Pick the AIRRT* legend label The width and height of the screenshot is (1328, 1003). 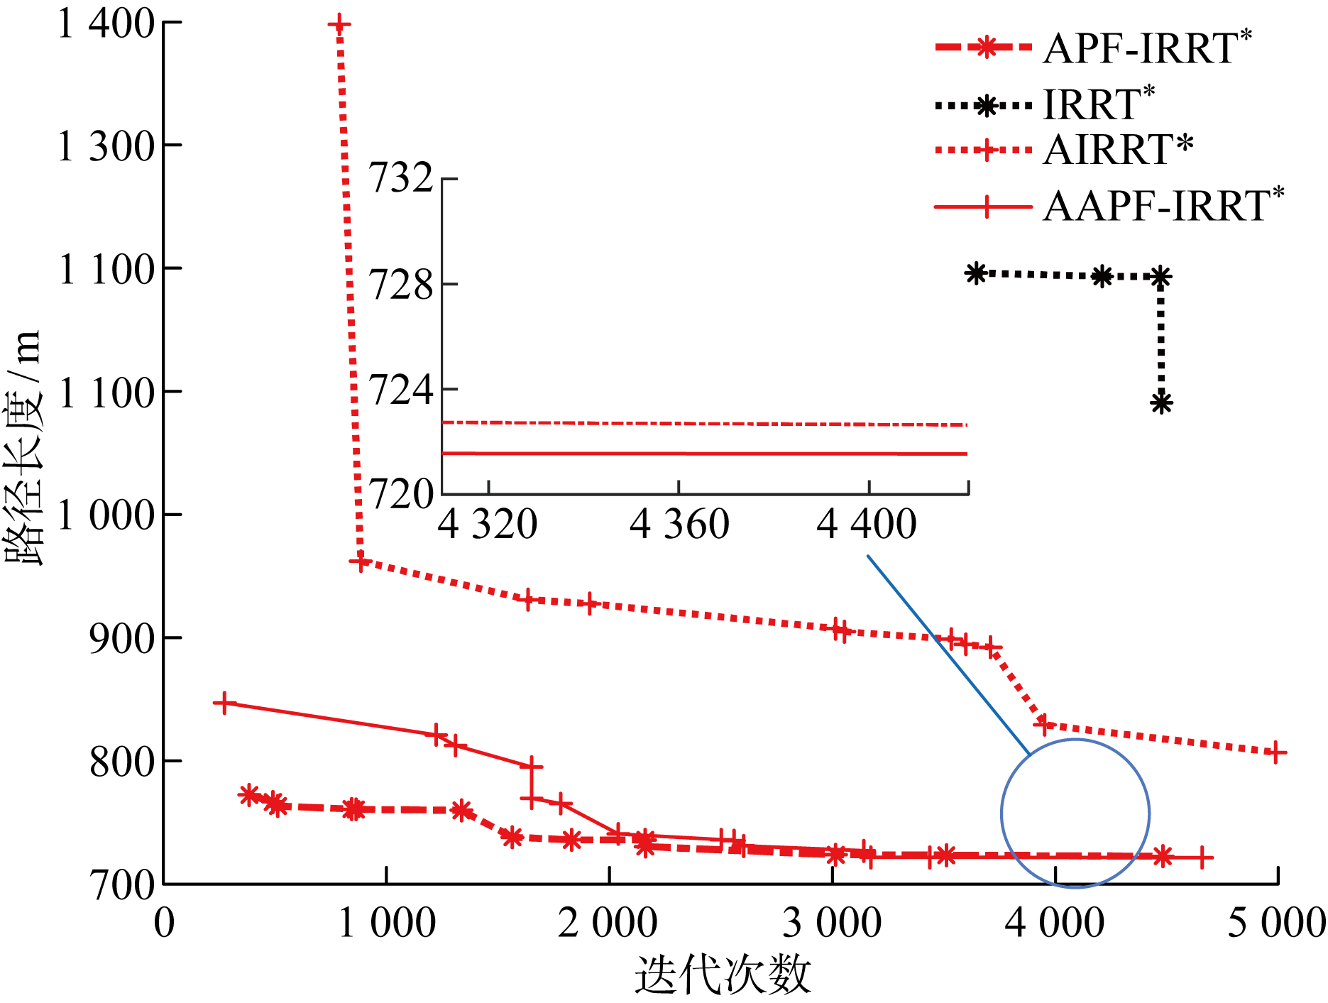tap(1118, 150)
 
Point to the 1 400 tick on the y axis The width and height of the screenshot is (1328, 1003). tap(106, 23)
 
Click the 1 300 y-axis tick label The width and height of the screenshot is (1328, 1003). tap(106, 146)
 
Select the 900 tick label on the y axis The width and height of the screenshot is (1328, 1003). tap(121, 638)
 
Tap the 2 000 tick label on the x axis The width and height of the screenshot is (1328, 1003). tap(608, 923)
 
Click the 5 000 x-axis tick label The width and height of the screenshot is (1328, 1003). tap(1276, 923)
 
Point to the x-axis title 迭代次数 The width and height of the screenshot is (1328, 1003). tap(723, 975)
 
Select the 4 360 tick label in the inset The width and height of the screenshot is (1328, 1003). tap(679, 525)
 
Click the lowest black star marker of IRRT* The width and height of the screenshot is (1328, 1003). tap(1161, 403)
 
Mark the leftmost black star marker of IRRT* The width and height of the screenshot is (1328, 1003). tap(977, 273)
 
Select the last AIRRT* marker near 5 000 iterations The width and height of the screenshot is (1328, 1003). tap(1275, 752)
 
